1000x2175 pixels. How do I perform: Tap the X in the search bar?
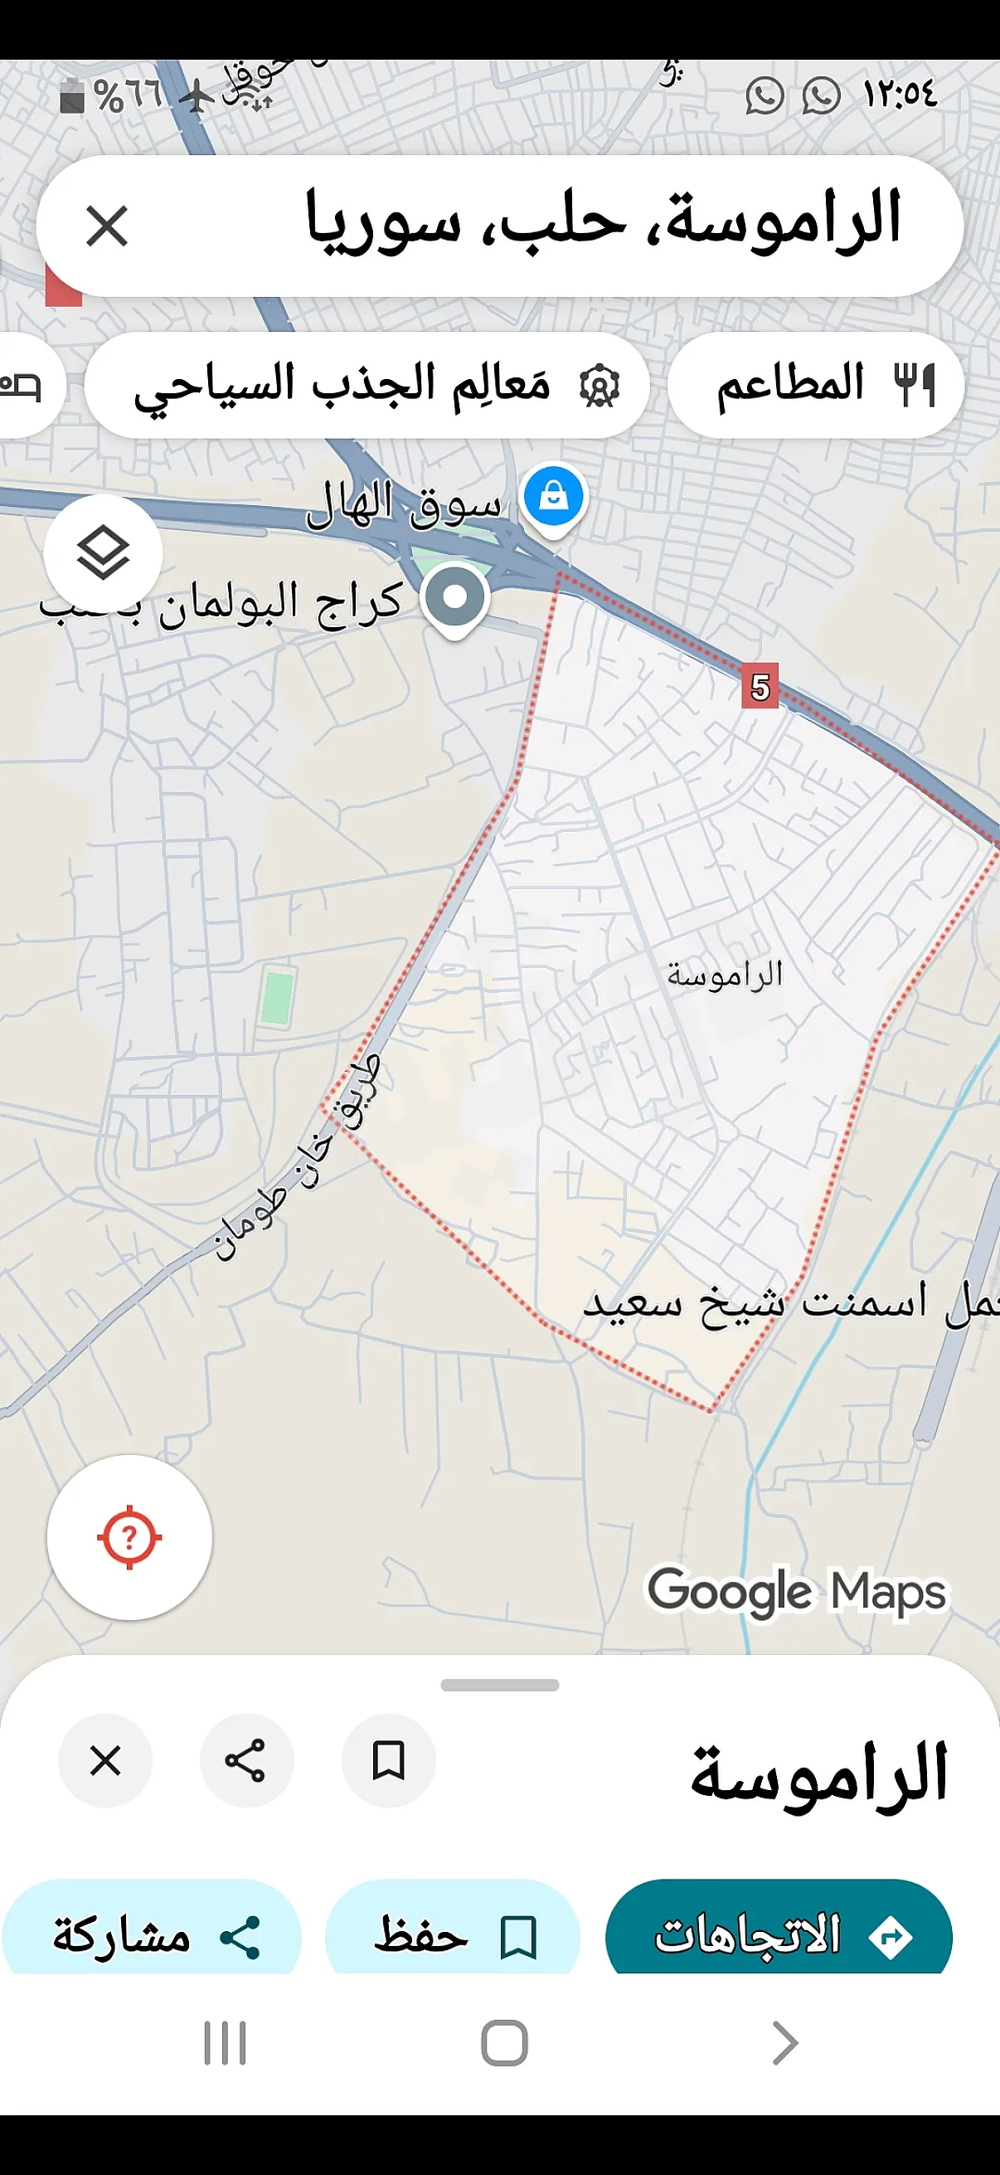coord(107,226)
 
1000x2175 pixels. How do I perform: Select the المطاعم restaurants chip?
coord(815,385)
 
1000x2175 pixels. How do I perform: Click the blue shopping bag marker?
coord(554,495)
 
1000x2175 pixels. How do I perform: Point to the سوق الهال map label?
coord(403,505)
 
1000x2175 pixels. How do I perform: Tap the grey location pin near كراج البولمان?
coord(455,596)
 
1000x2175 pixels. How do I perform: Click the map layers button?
coord(103,553)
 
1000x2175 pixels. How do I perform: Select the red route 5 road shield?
coord(760,688)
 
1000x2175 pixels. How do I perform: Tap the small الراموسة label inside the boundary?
coord(725,976)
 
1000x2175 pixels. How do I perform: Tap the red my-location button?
coord(129,1536)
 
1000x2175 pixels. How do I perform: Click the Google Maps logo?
coord(797,1593)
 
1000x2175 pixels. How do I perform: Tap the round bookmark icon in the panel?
coord(388,1761)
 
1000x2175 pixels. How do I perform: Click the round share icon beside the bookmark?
coord(246,1761)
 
